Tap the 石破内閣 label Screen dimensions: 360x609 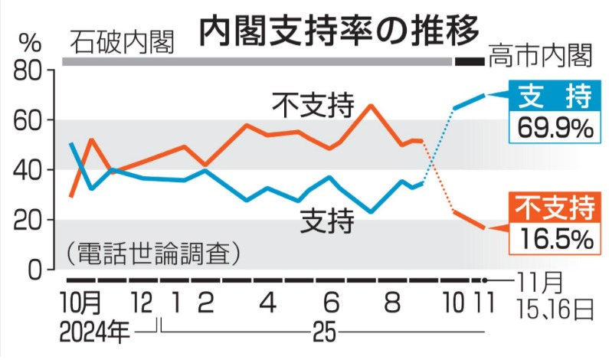click(x=121, y=41)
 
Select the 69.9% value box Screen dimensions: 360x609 click(x=554, y=127)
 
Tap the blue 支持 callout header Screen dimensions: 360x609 click(x=554, y=97)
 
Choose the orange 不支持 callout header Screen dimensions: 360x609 click(x=554, y=208)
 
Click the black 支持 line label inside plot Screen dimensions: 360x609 click(x=327, y=222)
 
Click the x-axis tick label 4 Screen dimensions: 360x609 click(x=267, y=304)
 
